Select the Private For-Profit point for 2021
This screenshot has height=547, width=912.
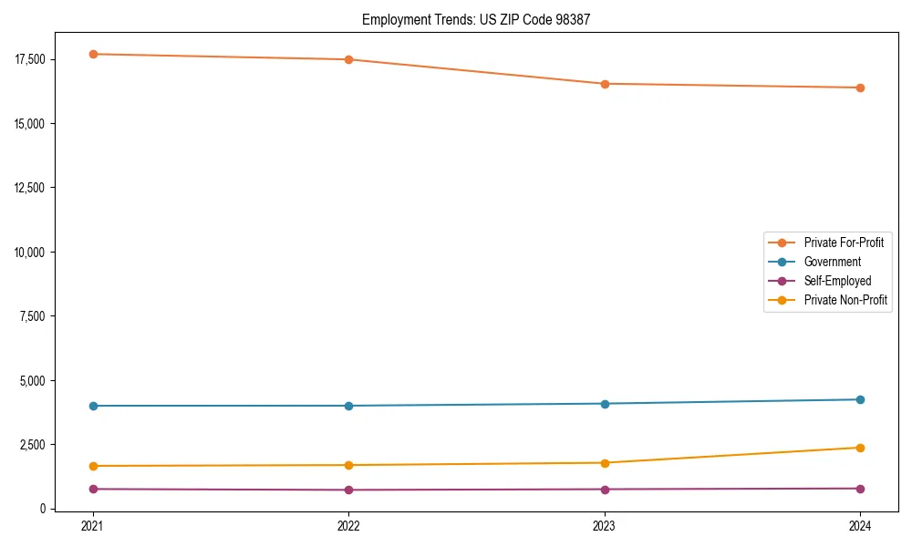(x=92, y=54)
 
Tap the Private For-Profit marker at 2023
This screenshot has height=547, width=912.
(x=604, y=84)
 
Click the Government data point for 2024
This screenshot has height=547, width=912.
(x=860, y=399)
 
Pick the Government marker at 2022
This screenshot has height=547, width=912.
(x=348, y=406)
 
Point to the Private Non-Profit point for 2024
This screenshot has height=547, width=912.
(x=860, y=448)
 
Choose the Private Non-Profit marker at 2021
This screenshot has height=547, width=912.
(x=92, y=466)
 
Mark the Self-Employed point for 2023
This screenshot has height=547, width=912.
(x=604, y=490)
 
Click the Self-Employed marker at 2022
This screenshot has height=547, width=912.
(x=348, y=490)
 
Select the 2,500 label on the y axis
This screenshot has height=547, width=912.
(x=32, y=444)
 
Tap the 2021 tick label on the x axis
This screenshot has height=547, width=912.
(x=92, y=525)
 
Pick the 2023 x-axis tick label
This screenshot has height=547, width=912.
(x=604, y=525)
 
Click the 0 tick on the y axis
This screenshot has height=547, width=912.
(x=43, y=509)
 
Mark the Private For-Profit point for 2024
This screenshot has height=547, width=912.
(x=860, y=88)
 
